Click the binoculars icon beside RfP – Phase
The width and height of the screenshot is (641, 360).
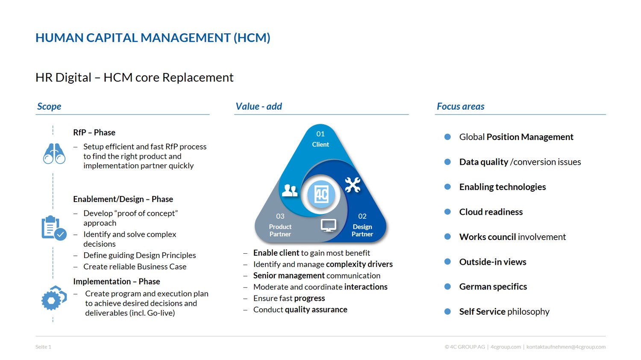[x=54, y=154]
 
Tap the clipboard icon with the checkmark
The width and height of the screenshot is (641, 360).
[x=54, y=228]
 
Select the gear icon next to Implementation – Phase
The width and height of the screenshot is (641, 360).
[x=54, y=298]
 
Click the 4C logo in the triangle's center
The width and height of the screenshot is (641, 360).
[x=321, y=194]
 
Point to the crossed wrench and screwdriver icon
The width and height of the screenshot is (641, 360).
[x=353, y=185]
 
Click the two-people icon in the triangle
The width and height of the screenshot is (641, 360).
[x=290, y=190]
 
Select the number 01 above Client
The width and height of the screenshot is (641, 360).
[x=320, y=134]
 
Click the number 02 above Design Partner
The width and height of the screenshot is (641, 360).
[x=362, y=216]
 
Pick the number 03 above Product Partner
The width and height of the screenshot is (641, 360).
[x=280, y=216]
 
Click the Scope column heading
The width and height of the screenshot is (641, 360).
[x=49, y=106]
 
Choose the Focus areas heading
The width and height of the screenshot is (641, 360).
[x=460, y=106]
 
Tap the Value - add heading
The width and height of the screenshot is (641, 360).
[x=259, y=106]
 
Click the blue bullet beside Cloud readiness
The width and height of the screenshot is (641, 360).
[x=447, y=211]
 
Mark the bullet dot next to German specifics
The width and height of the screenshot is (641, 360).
[x=447, y=287]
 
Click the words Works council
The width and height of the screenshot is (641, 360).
[x=488, y=237]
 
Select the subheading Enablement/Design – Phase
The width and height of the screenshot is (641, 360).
[x=123, y=199]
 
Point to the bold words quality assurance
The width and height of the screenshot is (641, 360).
[x=316, y=309]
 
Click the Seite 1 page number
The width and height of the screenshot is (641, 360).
[x=43, y=347]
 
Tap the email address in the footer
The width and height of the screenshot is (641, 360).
[x=566, y=347]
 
